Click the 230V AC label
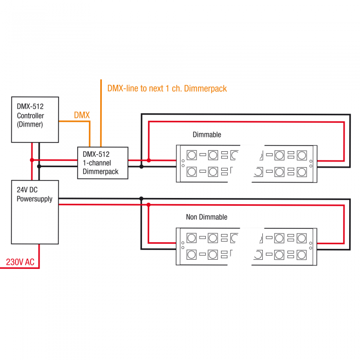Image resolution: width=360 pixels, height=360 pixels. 20,262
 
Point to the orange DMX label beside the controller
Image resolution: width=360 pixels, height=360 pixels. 82,115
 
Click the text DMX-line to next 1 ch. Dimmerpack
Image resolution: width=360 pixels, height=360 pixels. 167,88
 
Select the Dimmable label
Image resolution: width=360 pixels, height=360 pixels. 207,135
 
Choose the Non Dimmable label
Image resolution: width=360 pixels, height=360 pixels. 207,217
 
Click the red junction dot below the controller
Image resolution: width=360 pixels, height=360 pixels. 32,160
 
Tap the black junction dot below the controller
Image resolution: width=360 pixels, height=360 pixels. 39,166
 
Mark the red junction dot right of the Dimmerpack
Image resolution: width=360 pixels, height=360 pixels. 149,160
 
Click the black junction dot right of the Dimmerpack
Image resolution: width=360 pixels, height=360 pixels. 141,167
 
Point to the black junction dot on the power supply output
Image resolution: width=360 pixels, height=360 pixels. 141,199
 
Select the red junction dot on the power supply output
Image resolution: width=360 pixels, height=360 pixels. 149,205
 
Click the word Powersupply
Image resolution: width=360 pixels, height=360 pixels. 34,199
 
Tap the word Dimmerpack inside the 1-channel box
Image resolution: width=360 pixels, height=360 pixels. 101,171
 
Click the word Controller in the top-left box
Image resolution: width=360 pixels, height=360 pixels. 30,116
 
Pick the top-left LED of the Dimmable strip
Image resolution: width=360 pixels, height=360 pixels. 192,155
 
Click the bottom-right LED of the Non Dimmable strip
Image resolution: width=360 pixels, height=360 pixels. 301,255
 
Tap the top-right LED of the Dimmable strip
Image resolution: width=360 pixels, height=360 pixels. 302,155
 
